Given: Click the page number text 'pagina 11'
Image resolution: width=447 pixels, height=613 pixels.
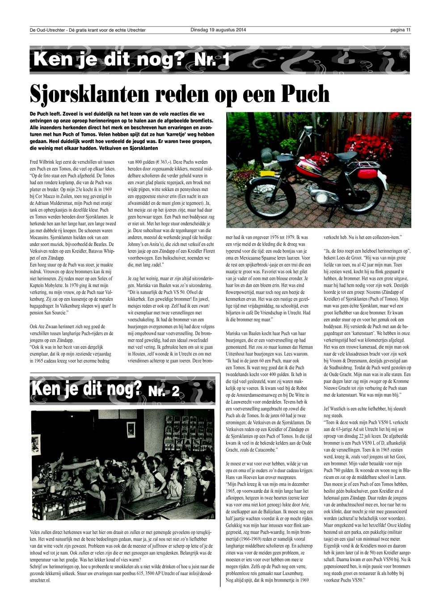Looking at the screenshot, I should pyautogui.click(x=400, y=30).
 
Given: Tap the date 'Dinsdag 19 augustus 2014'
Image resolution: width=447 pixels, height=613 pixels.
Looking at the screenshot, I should pyautogui.click(x=218, y=30).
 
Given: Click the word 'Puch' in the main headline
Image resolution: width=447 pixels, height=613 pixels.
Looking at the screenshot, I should pyautogui.click(x=305, y=93).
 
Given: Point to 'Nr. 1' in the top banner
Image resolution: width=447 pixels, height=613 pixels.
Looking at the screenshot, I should pyautogui.click(x=212, y=60).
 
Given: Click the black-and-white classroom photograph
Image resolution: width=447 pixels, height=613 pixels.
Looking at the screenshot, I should pyautogui.click(x=122, y=465).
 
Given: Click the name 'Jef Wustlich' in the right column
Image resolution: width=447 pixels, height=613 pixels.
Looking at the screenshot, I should pyautogui.click(x=337, y=408).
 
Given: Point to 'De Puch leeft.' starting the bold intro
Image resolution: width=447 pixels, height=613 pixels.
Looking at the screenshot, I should pyautogui.click(x=45, y=114).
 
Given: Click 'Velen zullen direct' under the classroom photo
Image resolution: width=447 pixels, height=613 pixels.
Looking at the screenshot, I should pyautogui.click(x=49, y=533).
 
